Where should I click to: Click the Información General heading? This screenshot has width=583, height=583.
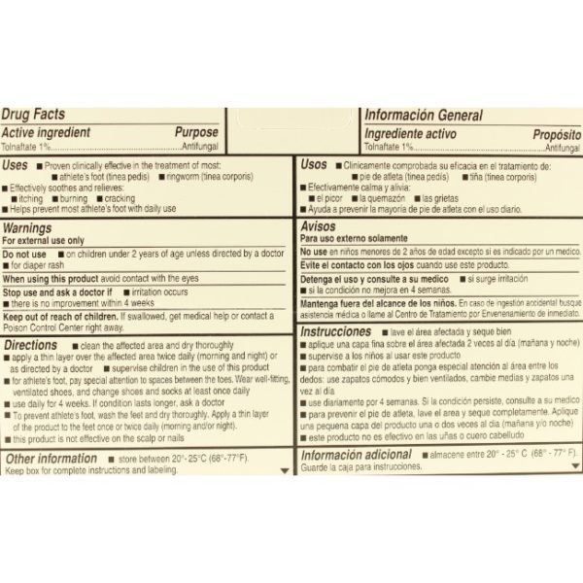[x=423, y=115]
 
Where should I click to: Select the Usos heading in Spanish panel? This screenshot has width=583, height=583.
[x=314, y=165]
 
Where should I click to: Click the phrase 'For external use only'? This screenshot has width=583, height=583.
[x=44, y=239]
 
